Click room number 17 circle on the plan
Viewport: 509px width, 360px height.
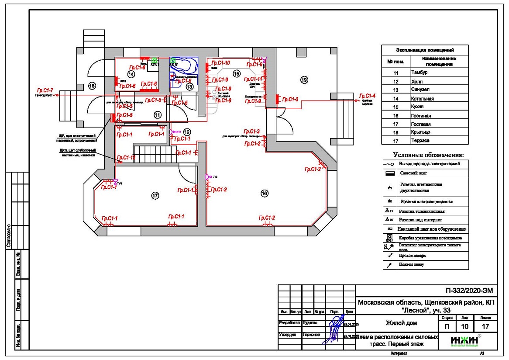tap(155, 195)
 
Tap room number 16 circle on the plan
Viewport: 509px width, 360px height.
tap(264, 193)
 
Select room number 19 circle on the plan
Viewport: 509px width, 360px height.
tap(304, 79)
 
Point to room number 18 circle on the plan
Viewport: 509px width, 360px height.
tap(92, 85)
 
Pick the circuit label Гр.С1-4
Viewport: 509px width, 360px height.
tap(367, 96)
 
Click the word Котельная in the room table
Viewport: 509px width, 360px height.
tap(422, 99)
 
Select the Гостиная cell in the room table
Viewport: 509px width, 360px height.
tap(421, 116)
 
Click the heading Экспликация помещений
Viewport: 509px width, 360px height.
tap(425, 50)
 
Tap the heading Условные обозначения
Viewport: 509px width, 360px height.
tap(428, 155)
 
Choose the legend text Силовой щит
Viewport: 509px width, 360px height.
tap(410, 173)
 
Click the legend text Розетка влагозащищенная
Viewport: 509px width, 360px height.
tap(426, 202)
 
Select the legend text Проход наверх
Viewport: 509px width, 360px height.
tap(412, 256)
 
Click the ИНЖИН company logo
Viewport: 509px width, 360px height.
tap(464, 341)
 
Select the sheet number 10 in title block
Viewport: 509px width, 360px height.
tap(465, 326)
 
